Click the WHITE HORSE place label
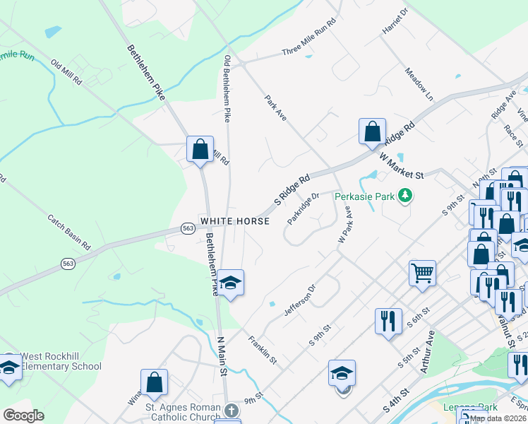[235, 221]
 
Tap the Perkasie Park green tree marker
[404, 194]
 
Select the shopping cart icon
[422, 271]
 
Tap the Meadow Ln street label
[419, 83]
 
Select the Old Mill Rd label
[67, 73]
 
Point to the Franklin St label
[262, 351]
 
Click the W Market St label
[400, 166]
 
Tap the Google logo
[23, 416]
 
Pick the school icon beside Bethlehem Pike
[230, 283]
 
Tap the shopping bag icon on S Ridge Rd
[372, 131]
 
